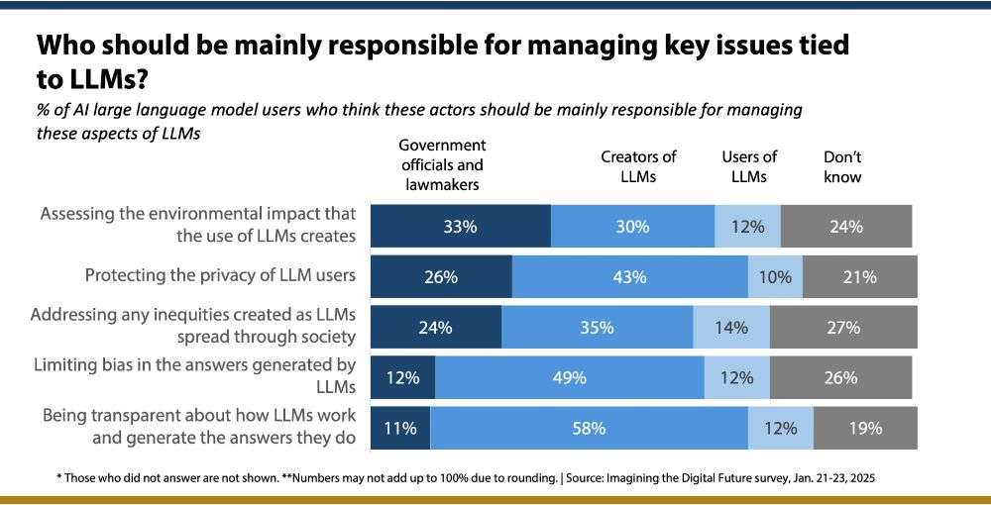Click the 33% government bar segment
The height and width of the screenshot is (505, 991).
pos(460,226)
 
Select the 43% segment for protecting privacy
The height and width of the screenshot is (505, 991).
pos(629,277)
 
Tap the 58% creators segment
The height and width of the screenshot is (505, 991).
pos(589,429)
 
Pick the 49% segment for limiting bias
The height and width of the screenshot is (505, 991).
pos(569,377)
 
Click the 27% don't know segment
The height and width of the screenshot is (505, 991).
pos(842,327)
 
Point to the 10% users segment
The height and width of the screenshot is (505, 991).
pos(775,277)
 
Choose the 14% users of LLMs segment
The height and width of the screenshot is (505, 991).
pos(730,327)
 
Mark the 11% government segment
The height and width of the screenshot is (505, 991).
pos(400,429)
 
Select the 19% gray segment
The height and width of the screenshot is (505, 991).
pos(865,429)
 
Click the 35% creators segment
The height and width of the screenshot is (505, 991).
pos(597,327)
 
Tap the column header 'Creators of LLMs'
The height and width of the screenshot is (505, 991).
pos(638,167)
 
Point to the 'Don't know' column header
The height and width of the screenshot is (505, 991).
pos(842,167)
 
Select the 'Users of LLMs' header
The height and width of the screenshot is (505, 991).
pos(749,167)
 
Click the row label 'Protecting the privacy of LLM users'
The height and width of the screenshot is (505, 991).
pos(220,275)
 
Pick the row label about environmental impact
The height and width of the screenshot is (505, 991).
pos(197,225)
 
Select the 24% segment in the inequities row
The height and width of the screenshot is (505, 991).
pos(435,327)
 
